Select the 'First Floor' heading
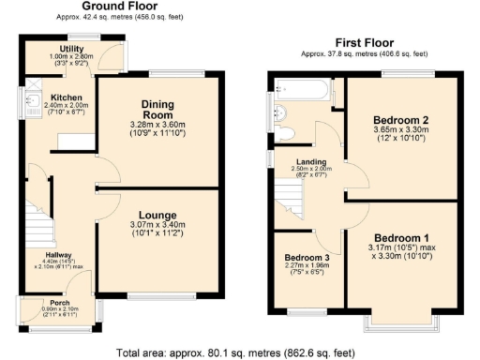click(371, 43)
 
